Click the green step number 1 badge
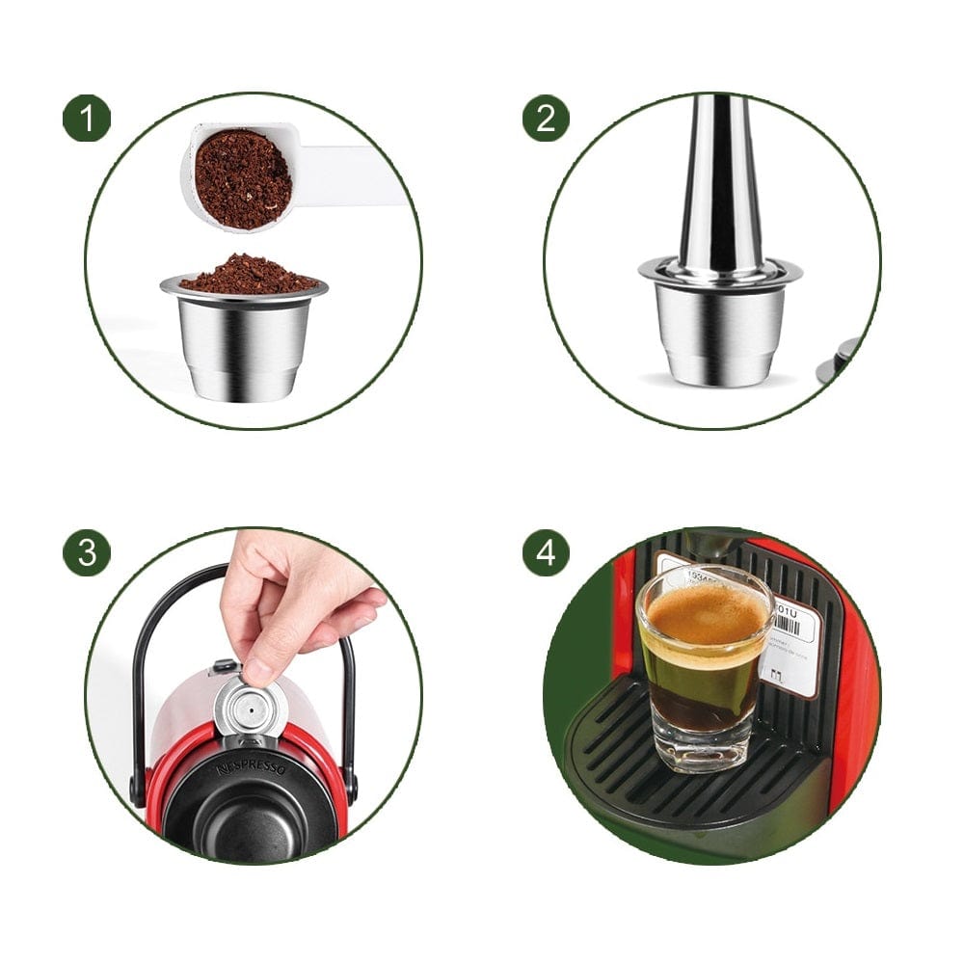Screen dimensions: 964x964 (87, 119)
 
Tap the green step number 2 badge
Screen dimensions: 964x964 (546, 119)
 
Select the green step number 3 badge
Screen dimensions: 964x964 (87, 553)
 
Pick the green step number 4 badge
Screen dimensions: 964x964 (546, 553)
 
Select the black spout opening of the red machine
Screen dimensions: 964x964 (247, 829)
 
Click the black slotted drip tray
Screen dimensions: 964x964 (675, 781)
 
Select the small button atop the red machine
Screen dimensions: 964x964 (224, 665)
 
